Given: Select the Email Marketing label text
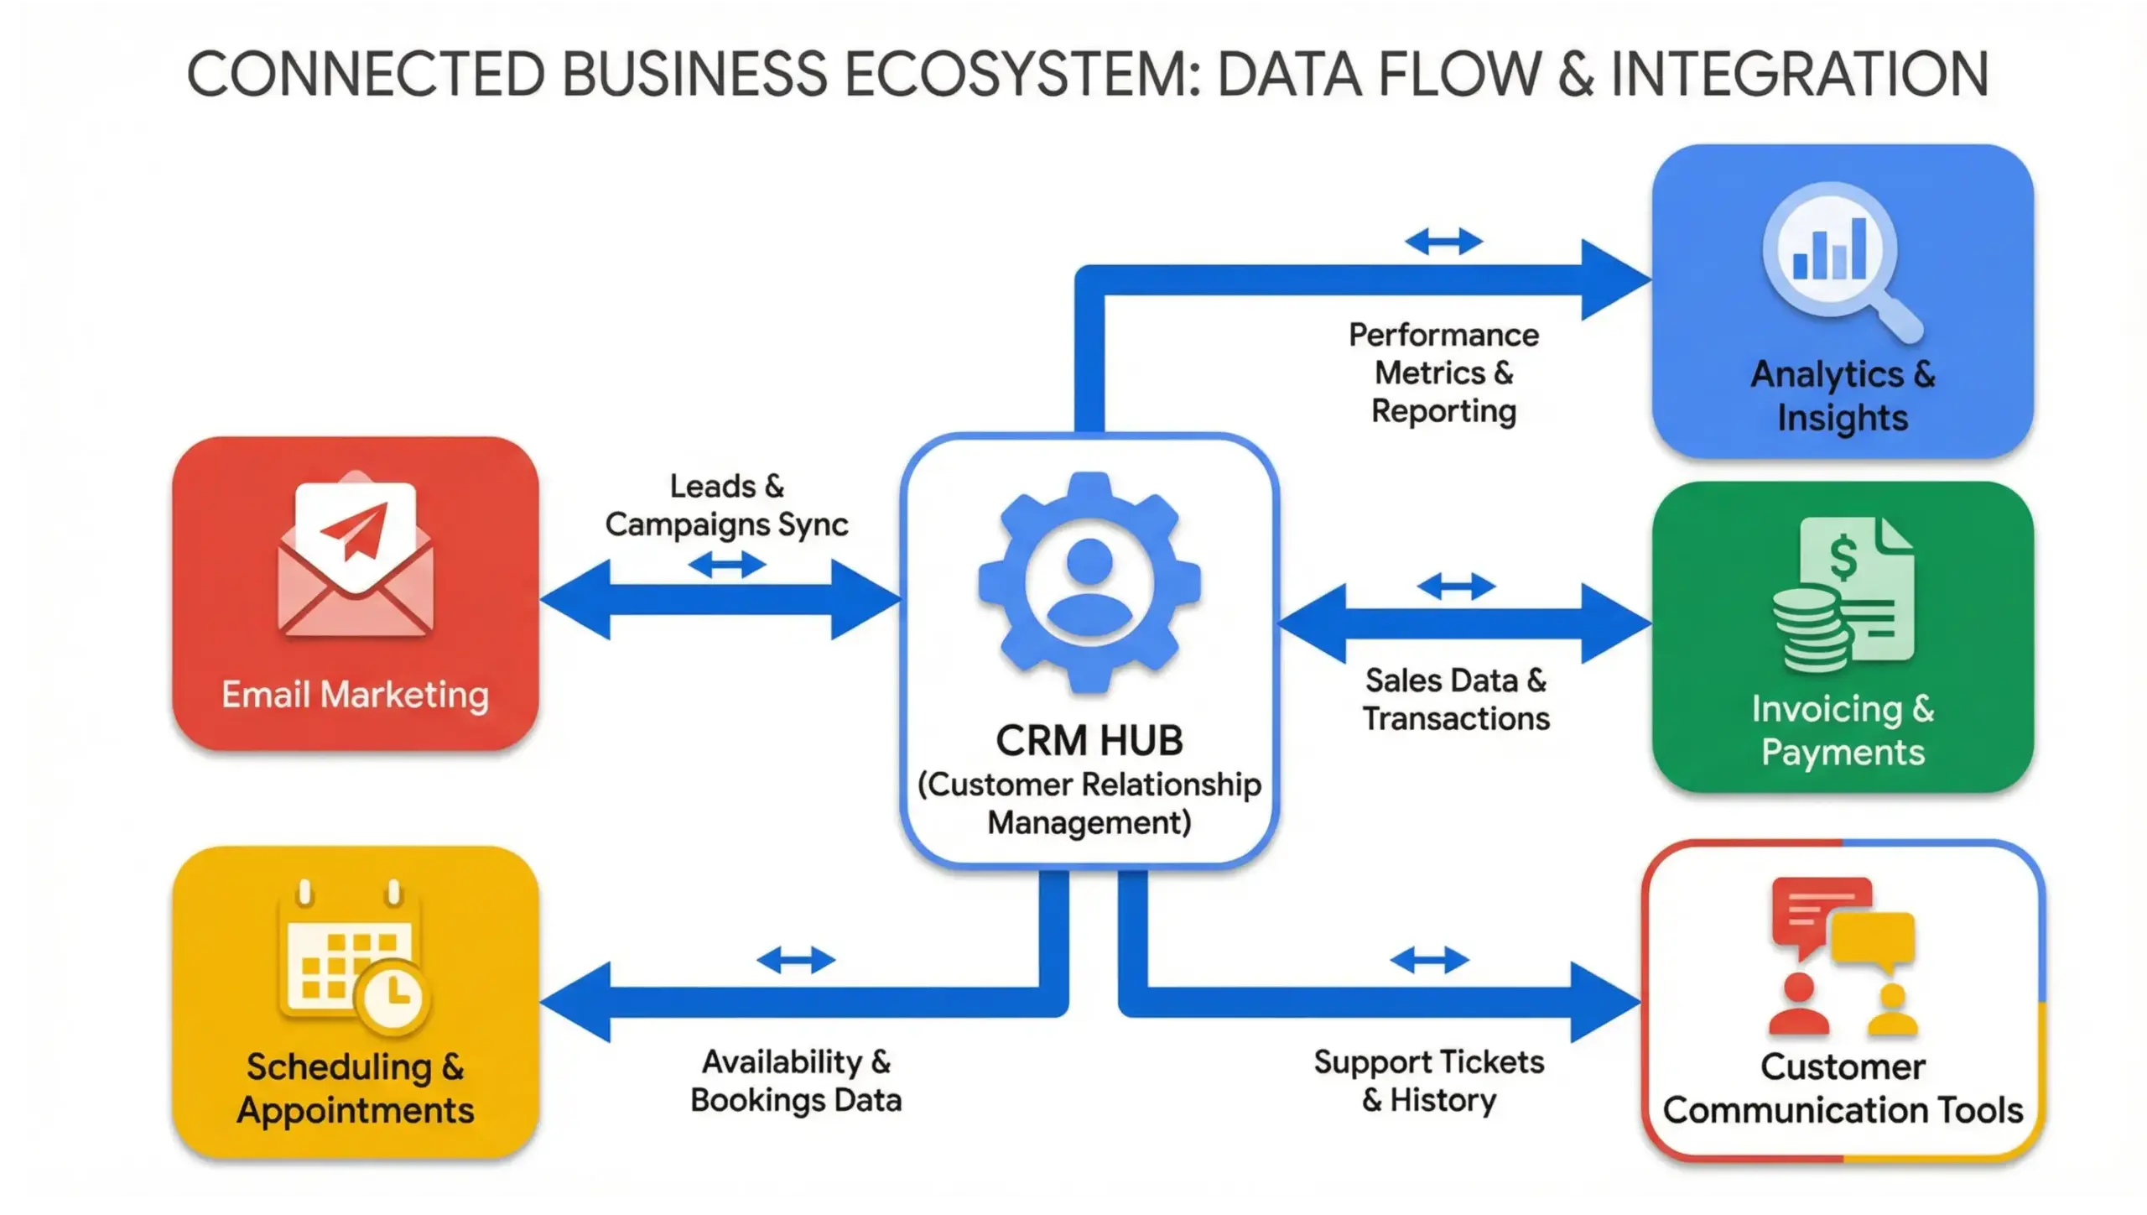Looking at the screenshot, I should (355, 695).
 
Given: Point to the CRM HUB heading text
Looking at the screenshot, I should (1089, 740).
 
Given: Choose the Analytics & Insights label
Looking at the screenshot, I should (1843, 395).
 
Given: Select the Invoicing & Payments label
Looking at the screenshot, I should (1843, 730).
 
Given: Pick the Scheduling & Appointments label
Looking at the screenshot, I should (355, 1088).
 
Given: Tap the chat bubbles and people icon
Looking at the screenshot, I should (1843, 957).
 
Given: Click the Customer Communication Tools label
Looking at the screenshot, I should (1843, 1088).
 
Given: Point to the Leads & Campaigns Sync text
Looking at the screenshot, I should (726, 505).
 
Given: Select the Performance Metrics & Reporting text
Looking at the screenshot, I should (1443, 373).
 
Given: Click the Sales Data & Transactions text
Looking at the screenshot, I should (1455, 699).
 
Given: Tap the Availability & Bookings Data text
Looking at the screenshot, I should (796, 1081).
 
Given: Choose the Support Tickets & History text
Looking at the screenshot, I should (1428, 1081).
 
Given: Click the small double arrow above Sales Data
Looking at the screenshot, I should (1455, 587).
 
